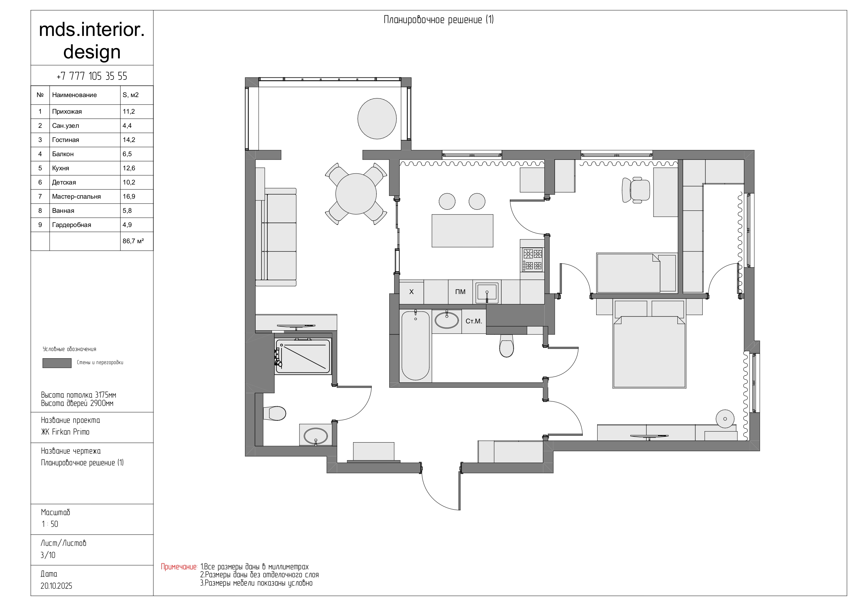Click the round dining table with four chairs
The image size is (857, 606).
click(x=356, y=194)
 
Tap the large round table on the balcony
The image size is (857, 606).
click(x=377, y=119)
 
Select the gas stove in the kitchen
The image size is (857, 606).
click(x=532, y=260)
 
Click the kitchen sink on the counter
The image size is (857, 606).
click(x=487, y=292)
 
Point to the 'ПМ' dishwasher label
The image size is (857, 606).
click(x=460, y=292)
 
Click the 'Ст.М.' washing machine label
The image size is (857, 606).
click(x=474, y=321)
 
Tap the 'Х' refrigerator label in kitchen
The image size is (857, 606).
click(x=411, y=292)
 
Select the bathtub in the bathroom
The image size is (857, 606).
click(x=416, y=345)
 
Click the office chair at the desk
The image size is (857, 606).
click(x=636, y=190)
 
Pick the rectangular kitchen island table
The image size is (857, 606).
click(x=463, y=231)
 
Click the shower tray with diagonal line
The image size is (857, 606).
click(x=303, y=357)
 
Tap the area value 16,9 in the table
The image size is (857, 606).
click(x=129, y=196)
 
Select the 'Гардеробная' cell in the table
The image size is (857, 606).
click(x=72, y=225)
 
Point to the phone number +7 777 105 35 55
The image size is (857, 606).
click(x=92, y=76)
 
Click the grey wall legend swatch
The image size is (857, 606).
click(x=57, y=363)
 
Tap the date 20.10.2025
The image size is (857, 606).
click(x=56, y=586)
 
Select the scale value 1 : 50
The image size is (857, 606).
click(x=50, y=524)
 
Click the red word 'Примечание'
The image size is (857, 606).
click(x=179, y=567)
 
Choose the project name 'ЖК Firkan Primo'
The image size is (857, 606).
click(x=65, y=432)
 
